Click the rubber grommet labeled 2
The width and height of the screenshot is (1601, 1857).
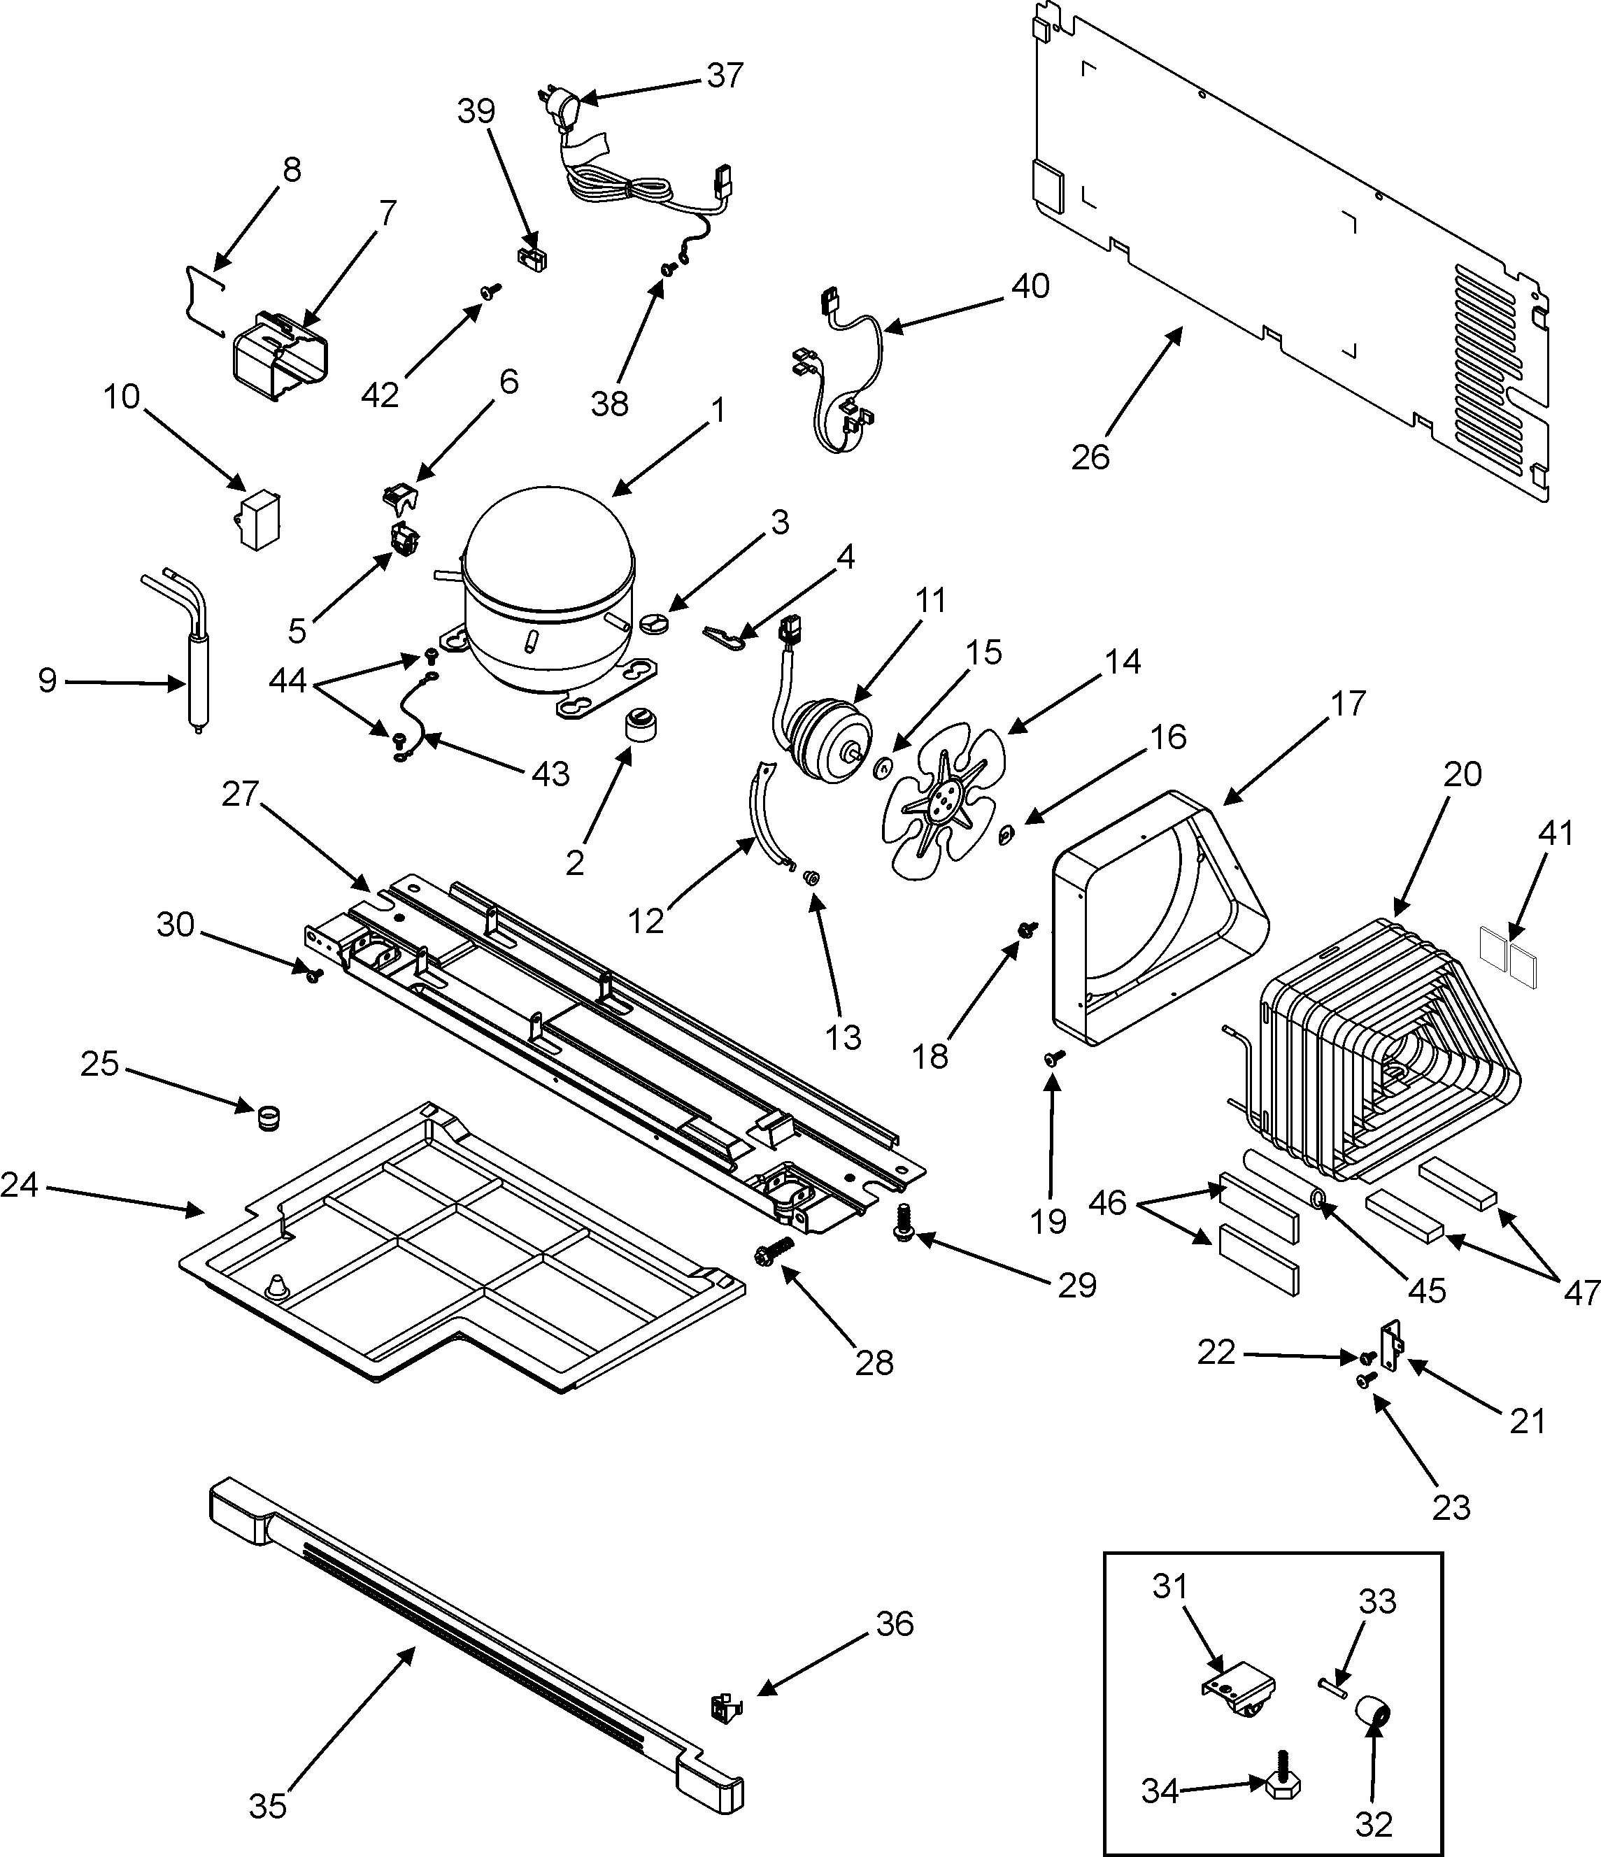click(639, 724)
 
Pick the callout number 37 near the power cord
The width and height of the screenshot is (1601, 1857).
click(725, 76)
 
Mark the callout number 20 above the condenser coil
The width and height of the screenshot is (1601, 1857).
click(1462, 773)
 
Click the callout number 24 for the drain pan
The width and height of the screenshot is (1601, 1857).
click(20, 1185)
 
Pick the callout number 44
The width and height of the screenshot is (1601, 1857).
click(287, 682)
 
